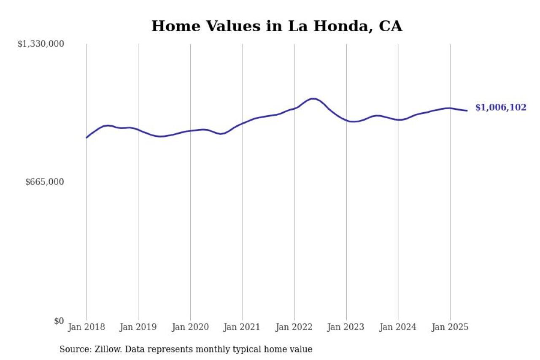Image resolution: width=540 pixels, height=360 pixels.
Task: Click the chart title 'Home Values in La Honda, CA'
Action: point(277,26)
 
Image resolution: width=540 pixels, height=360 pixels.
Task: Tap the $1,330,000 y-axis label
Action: point(40,44)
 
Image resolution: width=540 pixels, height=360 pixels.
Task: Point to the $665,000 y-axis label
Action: point(44,182)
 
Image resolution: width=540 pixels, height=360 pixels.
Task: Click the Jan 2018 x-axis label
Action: point(86,327)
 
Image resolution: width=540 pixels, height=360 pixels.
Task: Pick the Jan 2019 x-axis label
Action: point(138,327)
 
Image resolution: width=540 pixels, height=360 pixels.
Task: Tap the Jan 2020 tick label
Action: point(190,327)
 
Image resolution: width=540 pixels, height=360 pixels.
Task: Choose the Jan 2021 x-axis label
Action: point(242,327)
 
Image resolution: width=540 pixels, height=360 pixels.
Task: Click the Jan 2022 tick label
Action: point(294,327)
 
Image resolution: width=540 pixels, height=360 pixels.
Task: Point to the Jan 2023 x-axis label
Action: point(346,327)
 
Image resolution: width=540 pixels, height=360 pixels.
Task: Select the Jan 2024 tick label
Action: point(398,327)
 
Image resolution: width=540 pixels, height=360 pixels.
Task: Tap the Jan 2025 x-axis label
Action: point(450,327)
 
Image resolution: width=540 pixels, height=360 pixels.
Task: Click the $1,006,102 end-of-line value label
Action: point(501,108)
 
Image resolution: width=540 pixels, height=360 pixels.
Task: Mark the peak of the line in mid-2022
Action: point(313,98)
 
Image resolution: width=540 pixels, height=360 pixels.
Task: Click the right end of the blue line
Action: point(467,111)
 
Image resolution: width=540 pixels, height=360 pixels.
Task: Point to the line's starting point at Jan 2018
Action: point(86,138)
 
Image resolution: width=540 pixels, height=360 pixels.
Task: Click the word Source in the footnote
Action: point(73,349)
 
